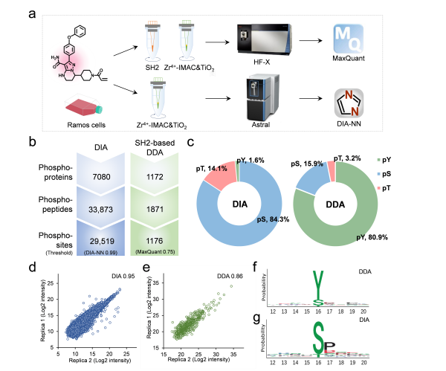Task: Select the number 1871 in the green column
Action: [x=155, y=210]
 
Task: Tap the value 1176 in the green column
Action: [x=155, y=241]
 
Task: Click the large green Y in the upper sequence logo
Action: [x=318, y=286]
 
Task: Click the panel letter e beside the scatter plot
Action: [x=146, y=267]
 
